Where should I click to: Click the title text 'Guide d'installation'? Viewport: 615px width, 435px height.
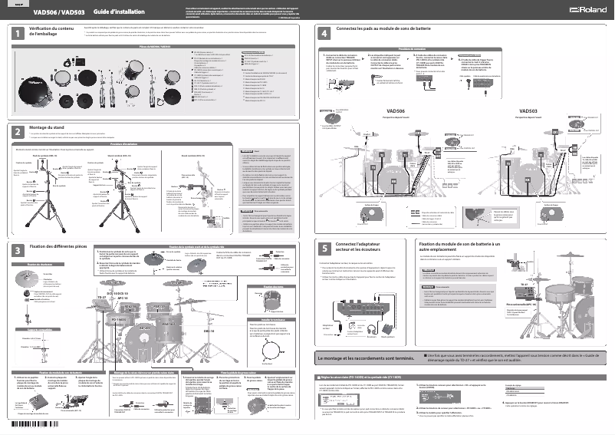(x=97, y=12)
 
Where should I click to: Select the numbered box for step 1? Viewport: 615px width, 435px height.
(x=17, y=33)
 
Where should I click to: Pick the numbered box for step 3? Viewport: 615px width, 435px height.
(x=17, y=250)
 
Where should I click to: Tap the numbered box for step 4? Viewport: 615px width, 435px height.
(x=325, y=33)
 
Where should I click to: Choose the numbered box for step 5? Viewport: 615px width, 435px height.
(x=325, y=248)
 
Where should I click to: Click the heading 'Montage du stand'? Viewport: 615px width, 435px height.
(x=49, y=127)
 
